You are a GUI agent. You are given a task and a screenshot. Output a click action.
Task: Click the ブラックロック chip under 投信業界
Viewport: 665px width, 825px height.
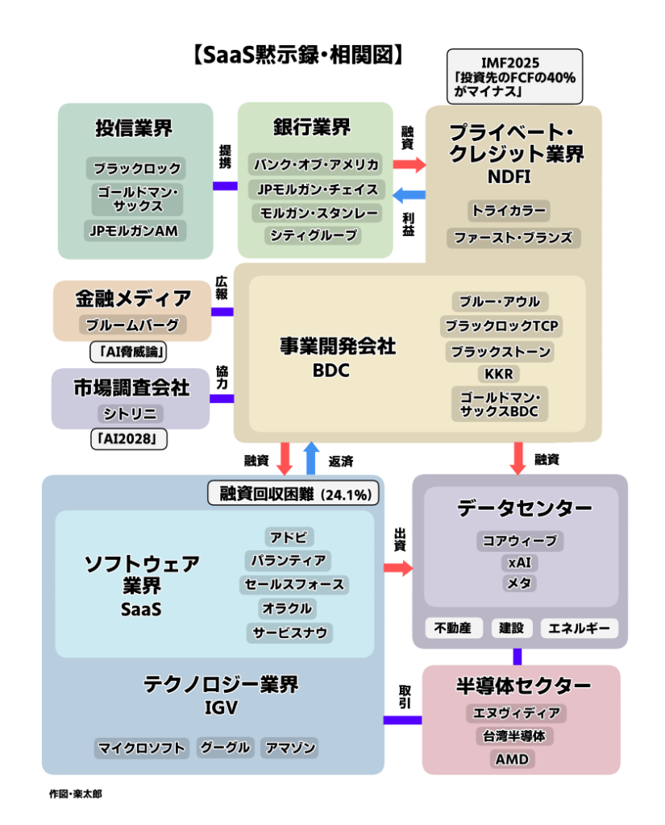[x=135, y=169]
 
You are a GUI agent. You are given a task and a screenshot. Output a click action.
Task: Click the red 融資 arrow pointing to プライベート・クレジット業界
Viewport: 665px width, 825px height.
[x=409, y=164]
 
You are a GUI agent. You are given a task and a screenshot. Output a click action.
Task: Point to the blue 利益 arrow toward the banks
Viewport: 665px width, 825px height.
[x=409, y=193]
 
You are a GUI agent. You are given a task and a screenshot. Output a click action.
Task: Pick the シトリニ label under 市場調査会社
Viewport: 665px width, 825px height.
[x=131, y=413]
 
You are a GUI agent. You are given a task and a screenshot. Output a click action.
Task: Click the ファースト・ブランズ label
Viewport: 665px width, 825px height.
[x=513, y=238]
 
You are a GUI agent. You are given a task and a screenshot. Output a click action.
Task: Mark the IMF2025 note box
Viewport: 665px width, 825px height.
[x=514, y=77]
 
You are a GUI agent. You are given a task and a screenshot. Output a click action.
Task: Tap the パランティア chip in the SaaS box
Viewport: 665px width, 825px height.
[x=289, y=560]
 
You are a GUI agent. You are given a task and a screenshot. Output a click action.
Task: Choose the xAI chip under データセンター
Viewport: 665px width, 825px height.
[x=520, y=562]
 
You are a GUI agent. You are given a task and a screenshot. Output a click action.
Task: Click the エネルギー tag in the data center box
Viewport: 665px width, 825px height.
[x=580, y=628]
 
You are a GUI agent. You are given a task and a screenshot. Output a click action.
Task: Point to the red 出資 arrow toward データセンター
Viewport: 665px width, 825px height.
[x=397, y=568]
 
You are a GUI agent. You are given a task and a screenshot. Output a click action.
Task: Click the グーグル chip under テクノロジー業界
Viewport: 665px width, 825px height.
[x=226, y=747]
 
